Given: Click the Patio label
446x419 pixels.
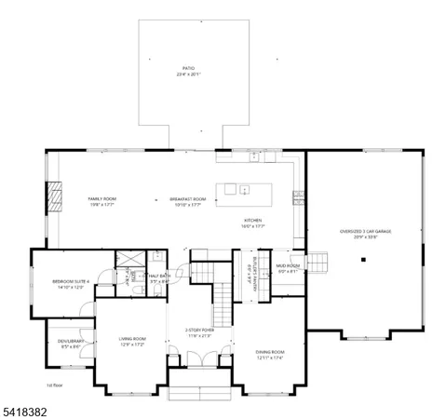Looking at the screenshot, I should click(x=189, y=72).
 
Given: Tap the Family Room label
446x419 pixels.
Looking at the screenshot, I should click(x=101, y=201).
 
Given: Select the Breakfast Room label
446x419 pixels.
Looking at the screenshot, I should click(x=187, y=201).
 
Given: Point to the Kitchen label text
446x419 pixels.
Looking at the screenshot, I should click(x=253, y=223).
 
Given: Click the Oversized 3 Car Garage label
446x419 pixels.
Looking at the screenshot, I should click(x=364, y=233).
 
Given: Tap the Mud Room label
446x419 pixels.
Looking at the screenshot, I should click(x=288, y=268).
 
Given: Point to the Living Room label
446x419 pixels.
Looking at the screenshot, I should click(x=131, y=341).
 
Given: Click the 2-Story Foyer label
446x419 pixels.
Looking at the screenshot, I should click(x=199, y=331).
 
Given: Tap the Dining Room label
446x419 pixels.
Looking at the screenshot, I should click(x=270, y=353).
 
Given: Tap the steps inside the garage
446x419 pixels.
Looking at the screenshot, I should click(x=320, y=262).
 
